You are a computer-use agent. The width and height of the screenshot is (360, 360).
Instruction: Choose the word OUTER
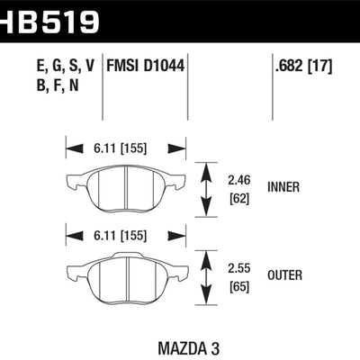pos(287,274)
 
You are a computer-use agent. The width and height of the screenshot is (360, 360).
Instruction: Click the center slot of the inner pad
pos(125,189)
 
